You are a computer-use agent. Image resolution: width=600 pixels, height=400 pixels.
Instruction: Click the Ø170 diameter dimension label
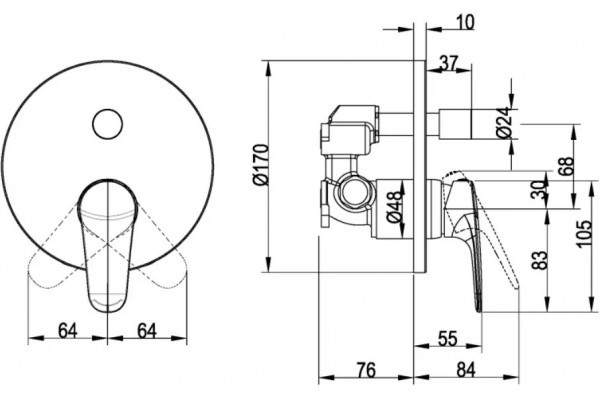click(261, 165)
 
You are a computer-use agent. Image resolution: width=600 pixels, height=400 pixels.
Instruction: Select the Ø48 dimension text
click(394, 207)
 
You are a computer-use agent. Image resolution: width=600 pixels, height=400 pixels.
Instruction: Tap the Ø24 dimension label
click(504, 122)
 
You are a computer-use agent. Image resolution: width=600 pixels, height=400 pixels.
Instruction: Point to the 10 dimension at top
click(465, 22)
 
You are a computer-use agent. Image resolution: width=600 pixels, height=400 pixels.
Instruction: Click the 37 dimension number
click(448, 63)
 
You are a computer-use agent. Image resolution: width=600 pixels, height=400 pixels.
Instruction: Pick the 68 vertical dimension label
click(569, 166)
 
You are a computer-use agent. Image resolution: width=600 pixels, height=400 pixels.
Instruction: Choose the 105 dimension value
click(584, 234)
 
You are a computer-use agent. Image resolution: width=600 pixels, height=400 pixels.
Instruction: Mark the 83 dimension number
click(540, 260)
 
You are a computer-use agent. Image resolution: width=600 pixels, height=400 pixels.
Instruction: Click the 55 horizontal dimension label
click(447, 339)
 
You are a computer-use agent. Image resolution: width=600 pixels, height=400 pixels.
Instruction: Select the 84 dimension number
click(465, 370)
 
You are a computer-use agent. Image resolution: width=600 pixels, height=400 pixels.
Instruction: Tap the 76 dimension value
click(366, 370)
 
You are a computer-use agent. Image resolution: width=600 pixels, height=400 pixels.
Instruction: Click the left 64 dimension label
click(68, 331)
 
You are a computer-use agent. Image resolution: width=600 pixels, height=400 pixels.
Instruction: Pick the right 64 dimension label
click(147, 331)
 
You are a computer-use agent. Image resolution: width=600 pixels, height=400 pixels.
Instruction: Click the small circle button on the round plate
click(108, 124)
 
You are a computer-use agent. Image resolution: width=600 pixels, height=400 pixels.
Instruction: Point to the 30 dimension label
click(540, 189)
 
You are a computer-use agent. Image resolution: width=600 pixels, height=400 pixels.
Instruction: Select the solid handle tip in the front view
click(108, 302)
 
